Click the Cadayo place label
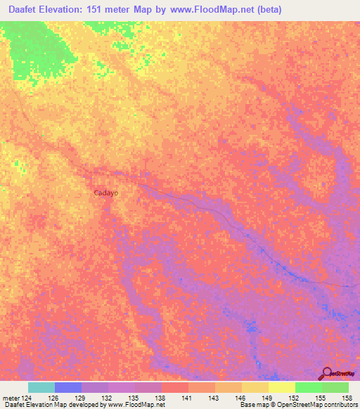[x=106, y=192]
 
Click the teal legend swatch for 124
[x=41, y=387]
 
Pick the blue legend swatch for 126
[x=68, y=387]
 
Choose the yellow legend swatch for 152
[x=282, y=387]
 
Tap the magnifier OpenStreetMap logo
[x=328, y=374]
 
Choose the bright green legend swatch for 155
[x=309, y=387]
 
